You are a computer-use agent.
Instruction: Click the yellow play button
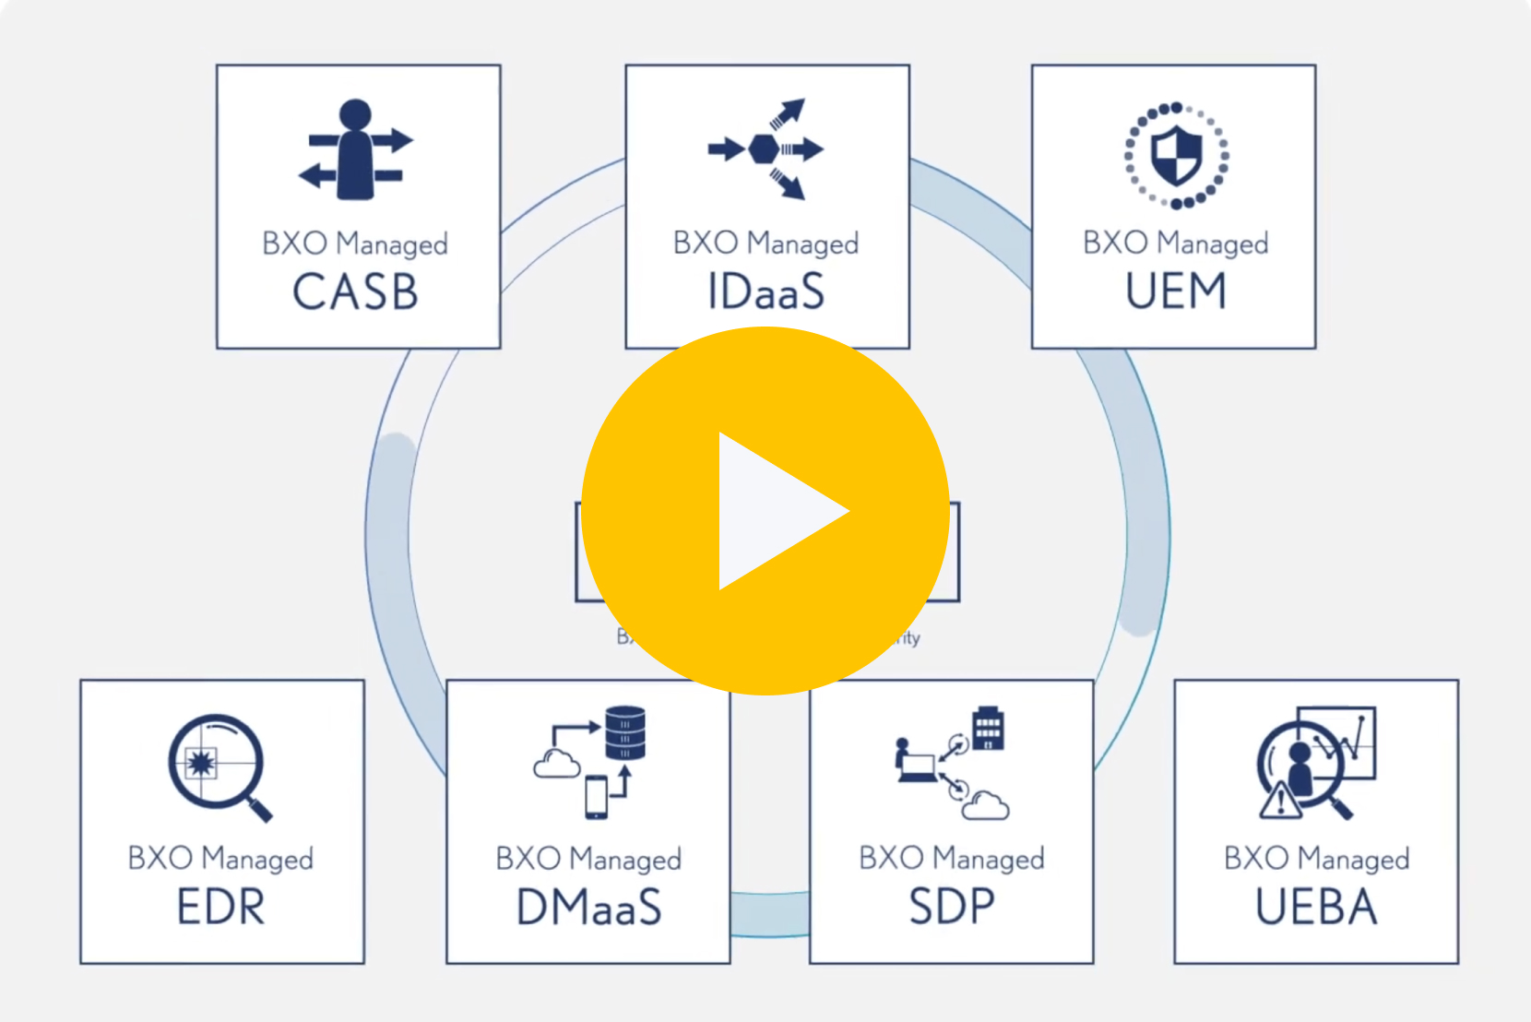click(765, 510)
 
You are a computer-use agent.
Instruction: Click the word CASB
click(356, 292)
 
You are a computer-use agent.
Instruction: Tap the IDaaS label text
click(765, 292)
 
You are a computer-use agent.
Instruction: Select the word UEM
click(1175, 291)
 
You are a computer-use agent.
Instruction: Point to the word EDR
click(221, 908)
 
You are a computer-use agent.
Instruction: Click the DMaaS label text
click(588, 908)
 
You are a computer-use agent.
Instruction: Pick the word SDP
click(952, 908)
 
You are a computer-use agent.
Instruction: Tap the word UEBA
click(1316, 908)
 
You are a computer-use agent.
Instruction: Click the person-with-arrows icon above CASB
click(356, 149)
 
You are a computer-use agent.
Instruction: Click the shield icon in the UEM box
click(1177, 155)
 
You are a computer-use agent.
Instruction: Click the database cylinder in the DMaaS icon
click(625, 732)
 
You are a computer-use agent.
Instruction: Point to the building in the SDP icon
click(988, 729)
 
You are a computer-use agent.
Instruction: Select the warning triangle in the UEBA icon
click(1280, 801)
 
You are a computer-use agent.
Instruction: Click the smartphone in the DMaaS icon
click(597, 797)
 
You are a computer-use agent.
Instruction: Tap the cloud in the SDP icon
click(985, 805)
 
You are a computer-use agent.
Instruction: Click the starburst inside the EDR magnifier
click(200, 762)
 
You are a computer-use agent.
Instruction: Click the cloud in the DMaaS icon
click(557, 764)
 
